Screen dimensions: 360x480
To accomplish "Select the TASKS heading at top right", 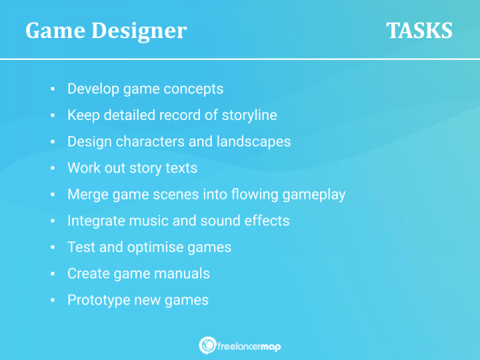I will [x=419, y=31].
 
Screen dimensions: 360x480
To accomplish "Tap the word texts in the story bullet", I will [x=180, y=168].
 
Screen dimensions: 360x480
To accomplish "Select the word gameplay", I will [x=314, y=195].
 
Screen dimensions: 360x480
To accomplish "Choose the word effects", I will [x=267, y=221].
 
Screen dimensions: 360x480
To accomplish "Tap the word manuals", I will [x=184, y=273].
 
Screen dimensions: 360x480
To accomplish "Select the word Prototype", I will [x=97, y=300].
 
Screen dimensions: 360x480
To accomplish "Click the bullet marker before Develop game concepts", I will [x=52, y=89].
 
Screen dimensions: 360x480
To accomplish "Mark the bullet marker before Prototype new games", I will [x=52, y=301].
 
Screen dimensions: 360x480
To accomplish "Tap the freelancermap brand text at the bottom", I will [x=250, y=345].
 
